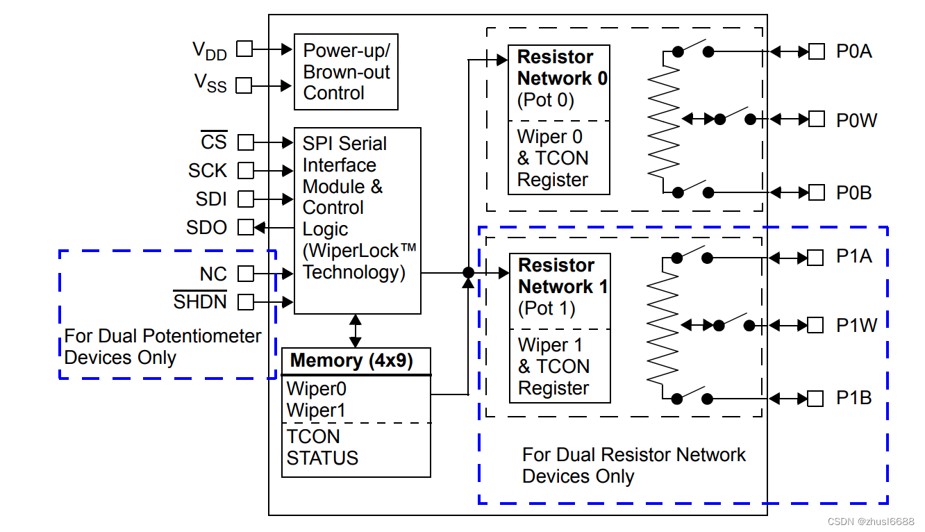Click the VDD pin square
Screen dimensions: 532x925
(x=244, y=49)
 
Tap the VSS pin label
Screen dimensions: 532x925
(x=210, y=83)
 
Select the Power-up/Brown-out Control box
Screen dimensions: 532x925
(x=346, y=72)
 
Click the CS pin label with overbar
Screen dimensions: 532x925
(x=214, y=142)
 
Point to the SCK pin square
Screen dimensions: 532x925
(x=246, y=170)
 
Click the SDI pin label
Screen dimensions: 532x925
(x=211, y=199)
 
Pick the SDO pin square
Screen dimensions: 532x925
(x=246, y=227)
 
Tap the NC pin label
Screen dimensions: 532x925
(x=213, y=274)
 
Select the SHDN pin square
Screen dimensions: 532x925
(x=246, y=302)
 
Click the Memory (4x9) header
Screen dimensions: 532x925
(x=351, y=361)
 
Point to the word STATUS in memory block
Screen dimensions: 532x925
(x=322, y=458)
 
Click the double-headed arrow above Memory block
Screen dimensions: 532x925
(x=356, y=331)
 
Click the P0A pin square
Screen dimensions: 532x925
(x=816, y=51)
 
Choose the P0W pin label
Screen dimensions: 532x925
(x=856, y=121)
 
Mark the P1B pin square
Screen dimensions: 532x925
(x=816, y=399)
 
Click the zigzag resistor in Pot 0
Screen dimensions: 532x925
(x=663, y=122)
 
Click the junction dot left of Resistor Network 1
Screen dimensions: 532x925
(x=469, y=273)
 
